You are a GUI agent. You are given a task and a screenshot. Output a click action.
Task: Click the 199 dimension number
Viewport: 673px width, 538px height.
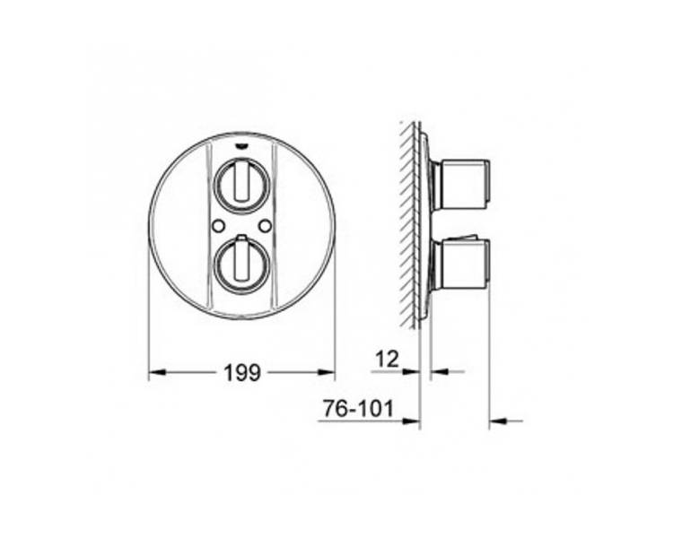pos(242,372)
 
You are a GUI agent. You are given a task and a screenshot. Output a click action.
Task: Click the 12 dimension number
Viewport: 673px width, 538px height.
pos(387,359)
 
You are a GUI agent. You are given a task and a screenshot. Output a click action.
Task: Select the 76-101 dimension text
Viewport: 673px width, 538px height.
pos(357,409)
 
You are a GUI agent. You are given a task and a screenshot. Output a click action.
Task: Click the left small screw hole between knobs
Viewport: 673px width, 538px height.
pos(218,224)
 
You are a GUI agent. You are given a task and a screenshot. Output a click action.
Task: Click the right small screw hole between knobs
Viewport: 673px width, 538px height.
pos(267,224)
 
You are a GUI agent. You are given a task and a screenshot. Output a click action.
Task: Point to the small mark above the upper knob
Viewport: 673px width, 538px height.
pos(242,148)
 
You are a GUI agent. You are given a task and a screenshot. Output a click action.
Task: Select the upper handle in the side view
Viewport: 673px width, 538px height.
pos(460,185)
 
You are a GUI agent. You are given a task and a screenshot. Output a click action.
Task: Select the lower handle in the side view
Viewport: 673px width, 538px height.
pos(460,265)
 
